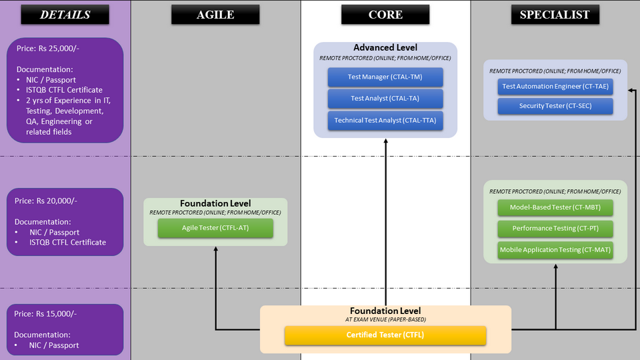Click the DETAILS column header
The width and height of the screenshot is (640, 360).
[65, 15]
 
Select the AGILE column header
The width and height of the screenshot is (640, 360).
[215, 15]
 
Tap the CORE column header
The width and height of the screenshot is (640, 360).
[385, 15]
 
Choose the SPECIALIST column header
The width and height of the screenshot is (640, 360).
[555, 15]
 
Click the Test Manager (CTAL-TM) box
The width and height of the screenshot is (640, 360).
[385, 77]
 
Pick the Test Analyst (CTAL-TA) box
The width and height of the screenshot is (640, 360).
[385, 99]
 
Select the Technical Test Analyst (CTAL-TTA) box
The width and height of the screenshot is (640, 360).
[385, 121]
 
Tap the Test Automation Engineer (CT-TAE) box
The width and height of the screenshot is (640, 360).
[555, 87]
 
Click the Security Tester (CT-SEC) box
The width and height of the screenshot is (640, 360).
[555, 106]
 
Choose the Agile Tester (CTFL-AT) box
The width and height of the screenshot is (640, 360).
[215, 228]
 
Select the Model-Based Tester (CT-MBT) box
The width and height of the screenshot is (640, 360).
[555, 207]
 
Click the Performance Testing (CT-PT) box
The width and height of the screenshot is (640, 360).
[555, 229]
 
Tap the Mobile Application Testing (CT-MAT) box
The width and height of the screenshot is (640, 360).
[555, 250]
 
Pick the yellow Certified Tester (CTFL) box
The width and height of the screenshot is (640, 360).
[385, 335]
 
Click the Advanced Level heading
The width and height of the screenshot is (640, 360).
[385, 47]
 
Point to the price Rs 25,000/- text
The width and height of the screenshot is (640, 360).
[48, 48]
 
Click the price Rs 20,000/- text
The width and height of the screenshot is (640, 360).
[46, 201]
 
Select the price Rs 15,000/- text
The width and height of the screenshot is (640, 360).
[45, 314]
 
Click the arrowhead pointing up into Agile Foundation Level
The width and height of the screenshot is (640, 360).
[215, 249]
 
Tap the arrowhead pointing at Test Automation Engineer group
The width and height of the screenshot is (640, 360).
[631, 90]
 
